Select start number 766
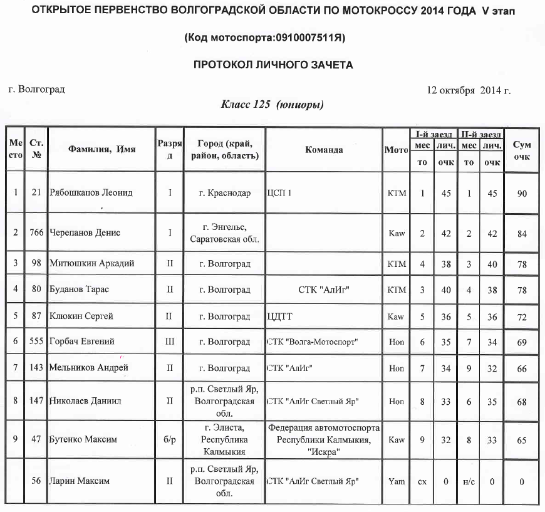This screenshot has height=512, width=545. pyautogui.click(x=36, y=232)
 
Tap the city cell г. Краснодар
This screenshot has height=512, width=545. pyautogui.click(x=224, y=193)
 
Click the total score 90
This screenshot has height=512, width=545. pyautogui.click(x=522, y=193)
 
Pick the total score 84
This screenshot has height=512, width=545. pyautogui.click(x=522, y=232)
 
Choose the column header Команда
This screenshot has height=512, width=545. pyautogui.click(x=324, y=150)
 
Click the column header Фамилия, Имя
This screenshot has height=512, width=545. pyautogui.click(x=102, y=150)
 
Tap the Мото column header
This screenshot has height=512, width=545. pyautogui.click(x=396, y=150)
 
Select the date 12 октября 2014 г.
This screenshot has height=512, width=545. pyautogui.click(x=469, y=90)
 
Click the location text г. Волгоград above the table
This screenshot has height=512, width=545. pyautogui.click(x=37, y=90)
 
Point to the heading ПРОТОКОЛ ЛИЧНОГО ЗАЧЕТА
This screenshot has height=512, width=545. pyautogui.click(x=273, y=64)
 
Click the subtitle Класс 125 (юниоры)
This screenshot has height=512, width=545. pyautogui.click(x=272, y=104)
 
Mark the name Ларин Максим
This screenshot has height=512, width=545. pyautogui.click(x=80, y=481)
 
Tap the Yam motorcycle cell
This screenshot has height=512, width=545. pyautogui.click(x=396, y=481)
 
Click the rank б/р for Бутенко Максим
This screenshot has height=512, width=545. pyautogui.click(x=169, y=439)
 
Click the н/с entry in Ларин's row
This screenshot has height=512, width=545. pyautogui.click(x=469, y=481)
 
